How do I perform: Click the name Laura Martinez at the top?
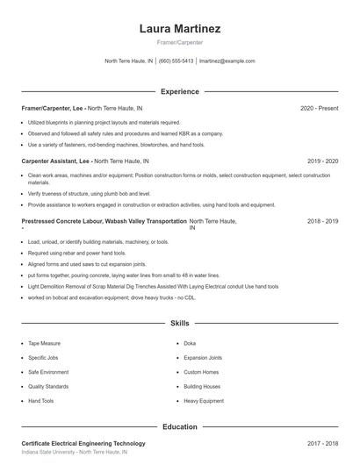[x=179, y=29]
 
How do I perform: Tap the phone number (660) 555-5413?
[x=176, y=61]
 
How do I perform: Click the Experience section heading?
[x=179, y=91]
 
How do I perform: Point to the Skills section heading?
[x=179, y=324]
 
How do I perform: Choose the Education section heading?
[x=179, y=427]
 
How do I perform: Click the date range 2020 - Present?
[x=319, y=108]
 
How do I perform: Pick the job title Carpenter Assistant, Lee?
[x=55, y=161]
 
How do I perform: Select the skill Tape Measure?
[x=45, y=343]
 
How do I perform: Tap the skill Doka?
[x=189, y=343]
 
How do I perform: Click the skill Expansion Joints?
[x=203, y=358]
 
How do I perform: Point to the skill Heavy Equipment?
[x=203, y=400]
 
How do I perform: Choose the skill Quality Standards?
[x=48, y=386]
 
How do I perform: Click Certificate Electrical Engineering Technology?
[x=83, y=445]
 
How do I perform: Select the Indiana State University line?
[x=74, y=454]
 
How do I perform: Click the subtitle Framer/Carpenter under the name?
[x=179, y=42]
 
